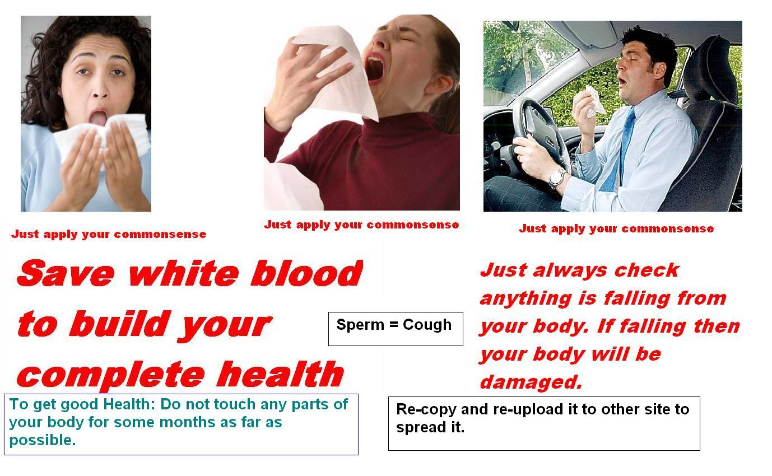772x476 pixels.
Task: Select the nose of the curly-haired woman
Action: (x=100, y=89)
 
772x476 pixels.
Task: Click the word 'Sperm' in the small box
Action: (x=360, y=325)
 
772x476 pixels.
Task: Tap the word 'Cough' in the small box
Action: (x=427, y=325)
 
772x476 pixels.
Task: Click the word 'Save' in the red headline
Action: (x=66, y=273)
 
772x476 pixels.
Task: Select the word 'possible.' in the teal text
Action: (x=43, y=441)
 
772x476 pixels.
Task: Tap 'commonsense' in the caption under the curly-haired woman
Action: (x=160, y=234)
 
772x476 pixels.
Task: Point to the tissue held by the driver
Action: (x=594, y=101)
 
